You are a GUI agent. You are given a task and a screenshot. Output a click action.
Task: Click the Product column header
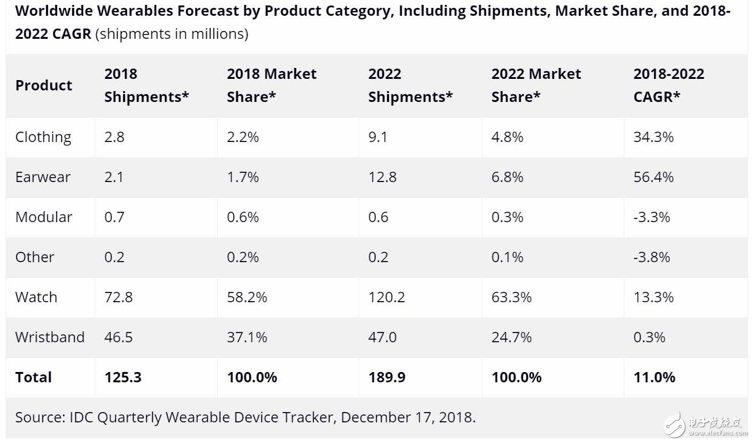[44, 86]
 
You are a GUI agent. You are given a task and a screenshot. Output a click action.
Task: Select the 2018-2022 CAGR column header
[669, 86]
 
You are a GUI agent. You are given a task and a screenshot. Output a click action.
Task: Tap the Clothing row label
[43, 137]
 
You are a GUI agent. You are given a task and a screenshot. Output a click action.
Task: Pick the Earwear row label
[42, 177]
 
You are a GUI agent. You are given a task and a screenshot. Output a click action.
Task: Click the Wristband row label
[50, 337]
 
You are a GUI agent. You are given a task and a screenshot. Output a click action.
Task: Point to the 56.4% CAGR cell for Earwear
[653, 177]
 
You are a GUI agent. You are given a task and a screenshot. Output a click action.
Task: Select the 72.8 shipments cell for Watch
[118, 297]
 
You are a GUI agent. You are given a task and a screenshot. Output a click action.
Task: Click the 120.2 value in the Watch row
[386, 297]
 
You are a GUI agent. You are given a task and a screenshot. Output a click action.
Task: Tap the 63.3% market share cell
[512, 297]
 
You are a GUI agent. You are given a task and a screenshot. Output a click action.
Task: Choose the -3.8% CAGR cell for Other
[652, 257]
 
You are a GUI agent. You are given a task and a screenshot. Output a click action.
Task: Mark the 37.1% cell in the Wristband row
[247, 337]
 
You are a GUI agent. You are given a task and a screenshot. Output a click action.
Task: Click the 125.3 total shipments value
[123, 377]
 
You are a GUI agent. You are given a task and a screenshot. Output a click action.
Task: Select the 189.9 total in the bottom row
[387, 377]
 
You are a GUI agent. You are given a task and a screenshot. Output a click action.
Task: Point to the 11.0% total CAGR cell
[654, 377]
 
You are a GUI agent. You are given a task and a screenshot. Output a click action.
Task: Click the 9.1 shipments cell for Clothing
[377, 137]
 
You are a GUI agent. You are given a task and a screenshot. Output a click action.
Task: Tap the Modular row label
[44, 217]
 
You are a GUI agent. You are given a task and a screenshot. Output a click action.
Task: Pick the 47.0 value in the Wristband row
[382, 337]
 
